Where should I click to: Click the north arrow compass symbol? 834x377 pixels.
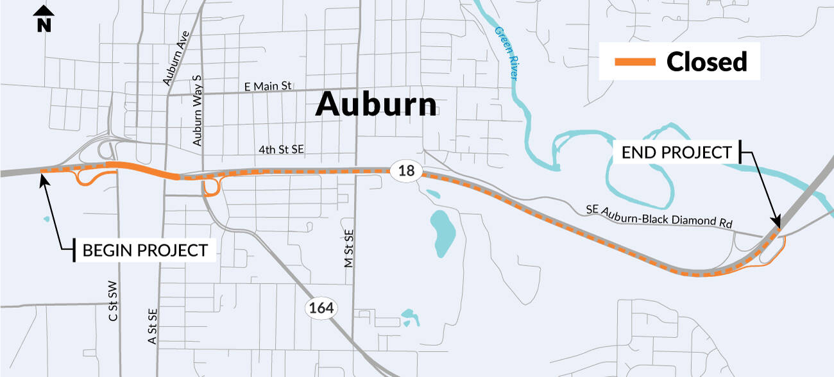[43, 18]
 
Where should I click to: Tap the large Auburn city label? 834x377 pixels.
[376, 104]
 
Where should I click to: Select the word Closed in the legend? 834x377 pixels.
[706, 62]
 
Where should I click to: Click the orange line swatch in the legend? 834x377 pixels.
[635, 62]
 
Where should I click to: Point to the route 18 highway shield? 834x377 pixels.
[406, 171]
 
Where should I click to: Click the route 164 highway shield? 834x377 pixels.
[321, 308]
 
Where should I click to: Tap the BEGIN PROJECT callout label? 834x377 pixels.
[145, 250]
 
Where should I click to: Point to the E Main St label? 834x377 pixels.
[268, 86]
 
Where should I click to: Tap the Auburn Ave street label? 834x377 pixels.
[174, 60]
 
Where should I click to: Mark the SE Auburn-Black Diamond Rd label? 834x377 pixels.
[658, 216]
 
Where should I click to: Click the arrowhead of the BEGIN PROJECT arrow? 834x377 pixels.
[44, 176]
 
